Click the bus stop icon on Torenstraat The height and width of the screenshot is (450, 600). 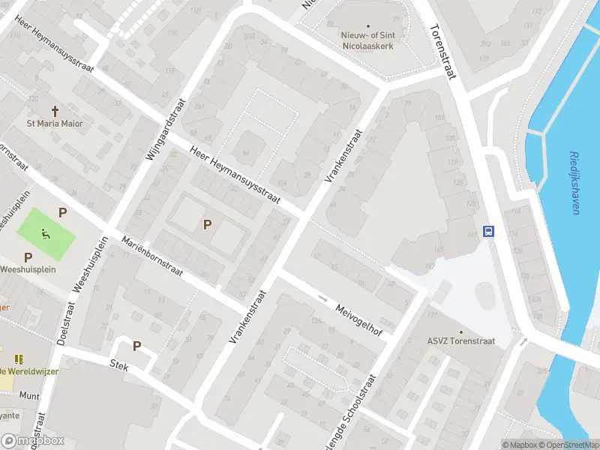pos(489,231)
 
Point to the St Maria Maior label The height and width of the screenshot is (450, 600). pos(55,124)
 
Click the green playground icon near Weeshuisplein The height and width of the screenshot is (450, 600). pos(46,235)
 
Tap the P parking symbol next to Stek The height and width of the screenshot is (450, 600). pos(136,346)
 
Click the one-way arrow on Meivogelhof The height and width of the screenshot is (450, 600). pos(323,299)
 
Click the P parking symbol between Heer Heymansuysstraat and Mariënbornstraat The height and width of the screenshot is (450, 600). pos(207,224)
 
